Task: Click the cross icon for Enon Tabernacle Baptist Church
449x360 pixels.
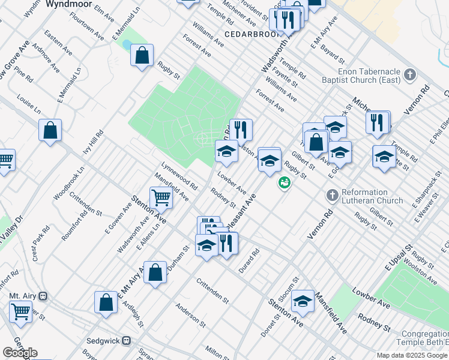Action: tap(410, 75)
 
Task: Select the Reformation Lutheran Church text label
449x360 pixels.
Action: tap(372, 196)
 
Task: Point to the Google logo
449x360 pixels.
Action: tap(20, 353)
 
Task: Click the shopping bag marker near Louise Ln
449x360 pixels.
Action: tap(50, 130)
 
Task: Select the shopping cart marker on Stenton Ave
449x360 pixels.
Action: tap(161, 197)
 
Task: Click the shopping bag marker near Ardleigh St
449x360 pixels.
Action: tap(106, 302)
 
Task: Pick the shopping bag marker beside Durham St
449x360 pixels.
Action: tap(155, 273)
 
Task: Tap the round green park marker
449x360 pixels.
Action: tap(284, 182)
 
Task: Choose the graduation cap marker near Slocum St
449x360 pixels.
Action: tap(303, 302)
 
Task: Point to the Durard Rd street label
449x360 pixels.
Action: tap(249, 262)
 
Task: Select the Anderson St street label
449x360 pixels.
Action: tap(191, 316)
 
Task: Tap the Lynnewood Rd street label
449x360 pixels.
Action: tap(179, 175)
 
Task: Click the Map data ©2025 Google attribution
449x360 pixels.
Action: tap(412, 355)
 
